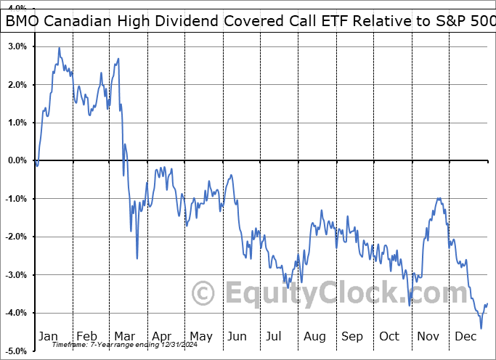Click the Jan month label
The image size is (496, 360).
point(48,336)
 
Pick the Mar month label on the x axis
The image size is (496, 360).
point(124,336)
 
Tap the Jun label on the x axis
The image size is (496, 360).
point(237,336)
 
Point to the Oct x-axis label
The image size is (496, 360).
point(389,336)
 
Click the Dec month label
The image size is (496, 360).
point(465,336)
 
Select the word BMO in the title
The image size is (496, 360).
point(24,22)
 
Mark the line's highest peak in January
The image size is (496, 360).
point(59,49)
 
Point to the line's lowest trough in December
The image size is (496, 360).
point(481,328)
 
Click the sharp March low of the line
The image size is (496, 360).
point(137,258)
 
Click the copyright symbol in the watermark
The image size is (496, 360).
point(203,294)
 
